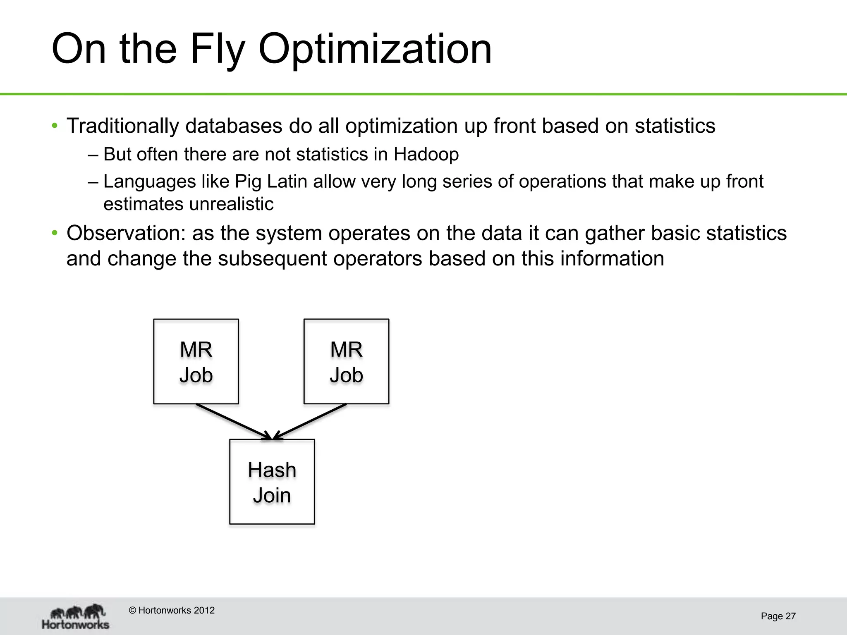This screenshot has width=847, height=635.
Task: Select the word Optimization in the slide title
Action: tap(375, 50)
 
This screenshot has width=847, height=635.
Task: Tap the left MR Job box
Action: tap(196, 361)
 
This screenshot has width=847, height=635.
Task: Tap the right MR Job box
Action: tap(346, 361)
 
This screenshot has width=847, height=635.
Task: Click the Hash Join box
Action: tap(272, 482)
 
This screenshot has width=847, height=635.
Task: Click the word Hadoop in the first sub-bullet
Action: tap(426, 154)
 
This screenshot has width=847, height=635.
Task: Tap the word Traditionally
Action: tap(122, 126)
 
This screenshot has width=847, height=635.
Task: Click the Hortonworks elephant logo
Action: tap(76, 616)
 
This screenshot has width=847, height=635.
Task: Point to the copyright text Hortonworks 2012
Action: tap(172, 610)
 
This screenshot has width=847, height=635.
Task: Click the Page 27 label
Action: tap(778, 616)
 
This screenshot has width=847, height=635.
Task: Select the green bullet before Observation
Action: tap(55, 233)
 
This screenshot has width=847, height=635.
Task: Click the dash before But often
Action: tap(93, 155)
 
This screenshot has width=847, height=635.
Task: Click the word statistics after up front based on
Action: tap(675, 126)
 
